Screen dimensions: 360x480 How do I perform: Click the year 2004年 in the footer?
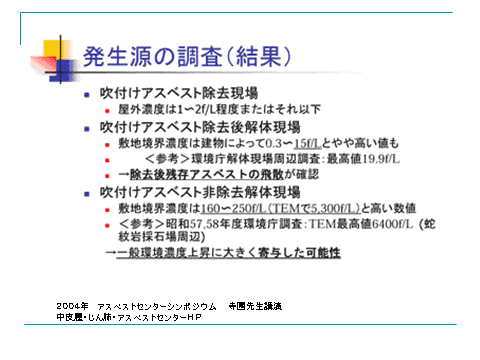74,303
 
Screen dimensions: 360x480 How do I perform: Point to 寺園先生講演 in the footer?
254,303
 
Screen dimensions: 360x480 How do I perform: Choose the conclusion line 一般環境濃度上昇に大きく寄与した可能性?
229,253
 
